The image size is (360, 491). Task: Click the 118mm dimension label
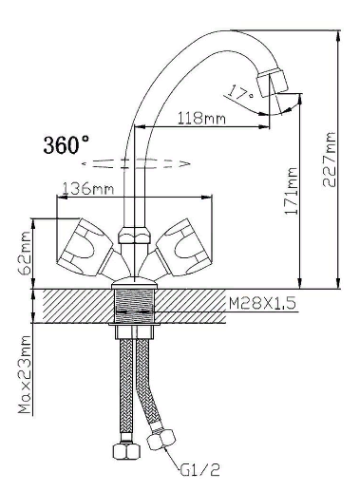click(201, 119)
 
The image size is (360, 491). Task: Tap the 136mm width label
click(87, 189)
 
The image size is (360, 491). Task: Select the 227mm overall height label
click(330, 160)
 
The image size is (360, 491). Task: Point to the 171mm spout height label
click(292, 191)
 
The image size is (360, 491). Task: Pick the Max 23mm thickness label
click(25, 374)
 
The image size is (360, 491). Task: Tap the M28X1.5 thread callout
click(262, 303)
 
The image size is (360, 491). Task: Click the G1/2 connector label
click(200, 470)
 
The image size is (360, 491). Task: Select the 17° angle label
click(240, 92)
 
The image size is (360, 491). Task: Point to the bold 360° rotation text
click(66, 144)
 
